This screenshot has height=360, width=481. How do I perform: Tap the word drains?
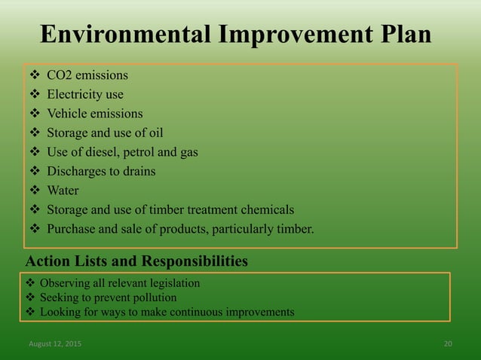(138, 171)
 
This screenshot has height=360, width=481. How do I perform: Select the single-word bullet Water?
(63, 191)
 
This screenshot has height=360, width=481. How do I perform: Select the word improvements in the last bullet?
(259, 312)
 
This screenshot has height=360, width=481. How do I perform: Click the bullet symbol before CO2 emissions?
(34, 75)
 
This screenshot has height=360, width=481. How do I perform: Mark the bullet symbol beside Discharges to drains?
(34, 171)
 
